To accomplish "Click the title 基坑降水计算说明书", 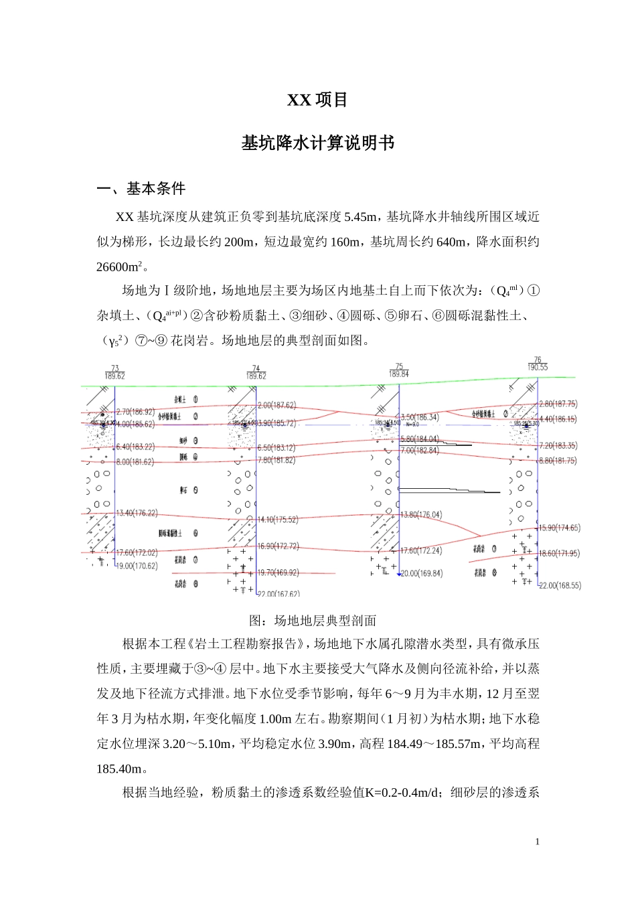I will coord(317,143).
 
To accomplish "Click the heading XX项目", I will coord(317,100).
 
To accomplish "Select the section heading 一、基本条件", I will coord(141,189).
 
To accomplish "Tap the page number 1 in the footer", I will coord(537,842).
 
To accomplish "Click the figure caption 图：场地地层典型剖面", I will coord(313,620).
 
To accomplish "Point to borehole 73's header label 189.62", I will coord(114,376).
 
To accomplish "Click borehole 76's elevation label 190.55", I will coord(537,368).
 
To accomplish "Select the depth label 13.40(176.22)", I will coord(137,514).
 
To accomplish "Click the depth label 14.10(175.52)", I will coord(278,520).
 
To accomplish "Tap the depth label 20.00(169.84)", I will coord(421,573).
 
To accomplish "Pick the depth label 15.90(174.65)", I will coord(559,528).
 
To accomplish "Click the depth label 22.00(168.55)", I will coord(560,585).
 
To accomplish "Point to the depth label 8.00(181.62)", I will coord(135,462).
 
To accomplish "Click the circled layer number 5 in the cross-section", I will coord(195,490).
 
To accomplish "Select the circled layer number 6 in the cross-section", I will coord(195,534).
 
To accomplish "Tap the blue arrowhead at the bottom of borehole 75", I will coord(399,574).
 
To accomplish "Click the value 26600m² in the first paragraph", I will coord(120,267).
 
